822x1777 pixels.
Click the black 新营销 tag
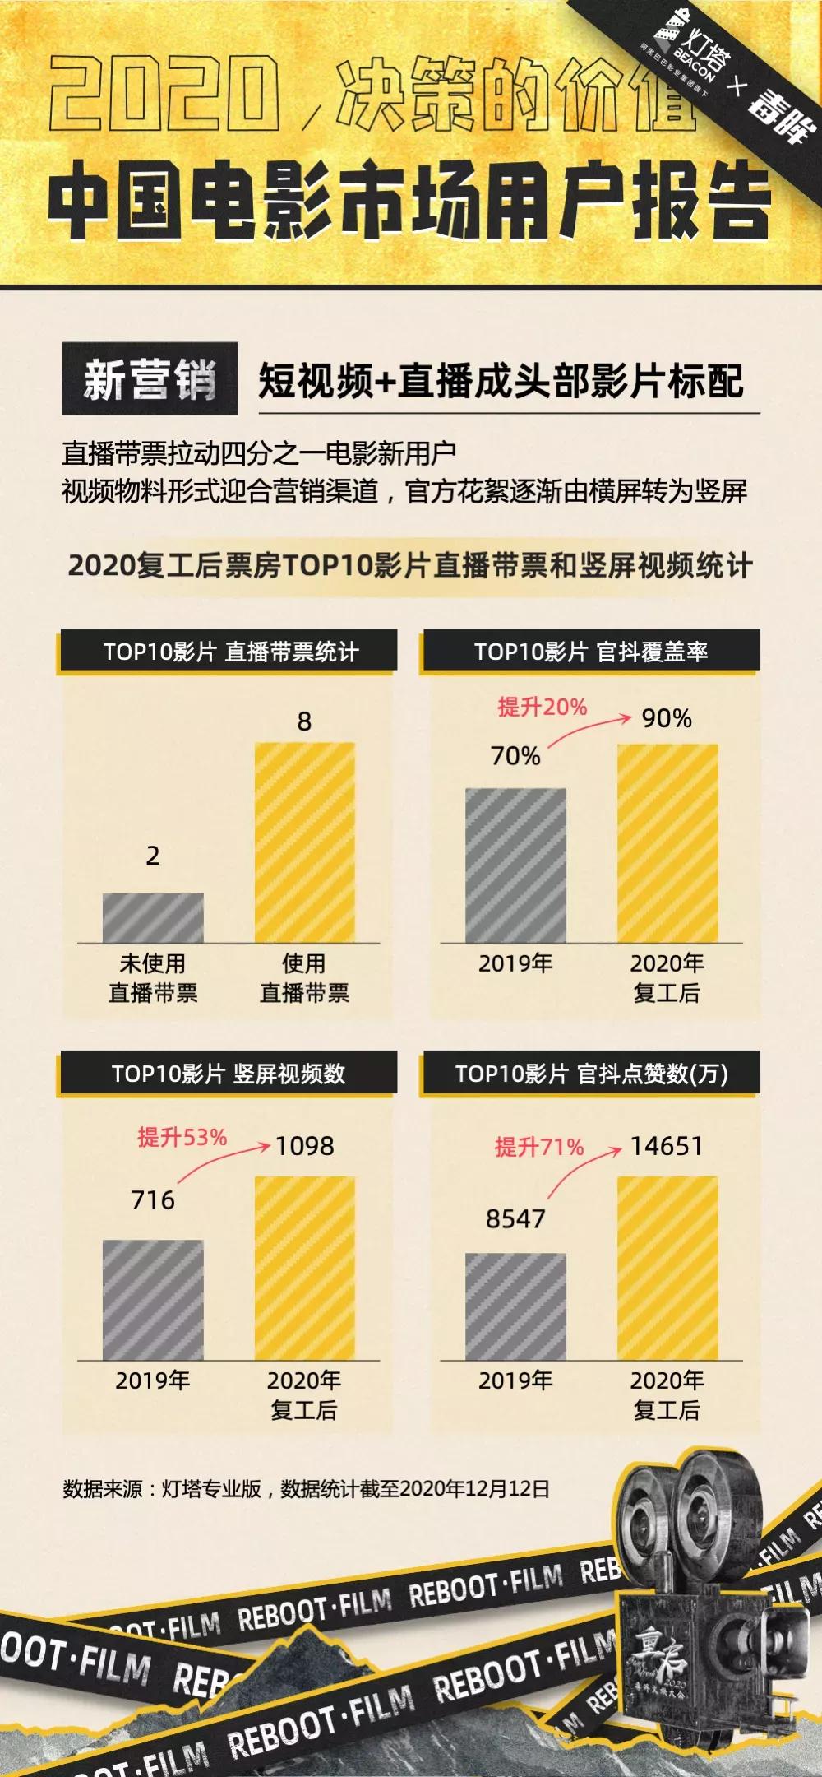[x=150, y=378]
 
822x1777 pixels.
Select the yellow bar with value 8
[x=304, y=842]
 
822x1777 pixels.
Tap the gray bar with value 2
[x=153, y=917]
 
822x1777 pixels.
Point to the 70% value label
[x=515, y=756]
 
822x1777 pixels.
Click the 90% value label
[x=667, y=719]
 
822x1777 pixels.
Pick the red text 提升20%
[x=543, y=707]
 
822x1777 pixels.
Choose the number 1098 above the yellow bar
[x=304, y=1146]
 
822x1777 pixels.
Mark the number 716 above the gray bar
[x=153, y=1200]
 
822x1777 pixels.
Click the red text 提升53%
[x=182, y=1137]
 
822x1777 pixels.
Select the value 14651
[x=667, y=1146]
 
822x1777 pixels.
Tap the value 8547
[x=515, y=1218]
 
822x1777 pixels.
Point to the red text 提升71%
[x=539, y=1146]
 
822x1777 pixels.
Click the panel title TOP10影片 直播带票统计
[x=229, y=652]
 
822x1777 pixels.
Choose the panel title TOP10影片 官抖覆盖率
[x=590, y=652]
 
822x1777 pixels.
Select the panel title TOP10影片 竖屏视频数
[x=229, y=1074]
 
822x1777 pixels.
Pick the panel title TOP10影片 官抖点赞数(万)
[x=591, y=1074]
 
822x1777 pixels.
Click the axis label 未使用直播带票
[x=153, y=978]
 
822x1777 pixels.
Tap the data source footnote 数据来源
[x=306, y=1488]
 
